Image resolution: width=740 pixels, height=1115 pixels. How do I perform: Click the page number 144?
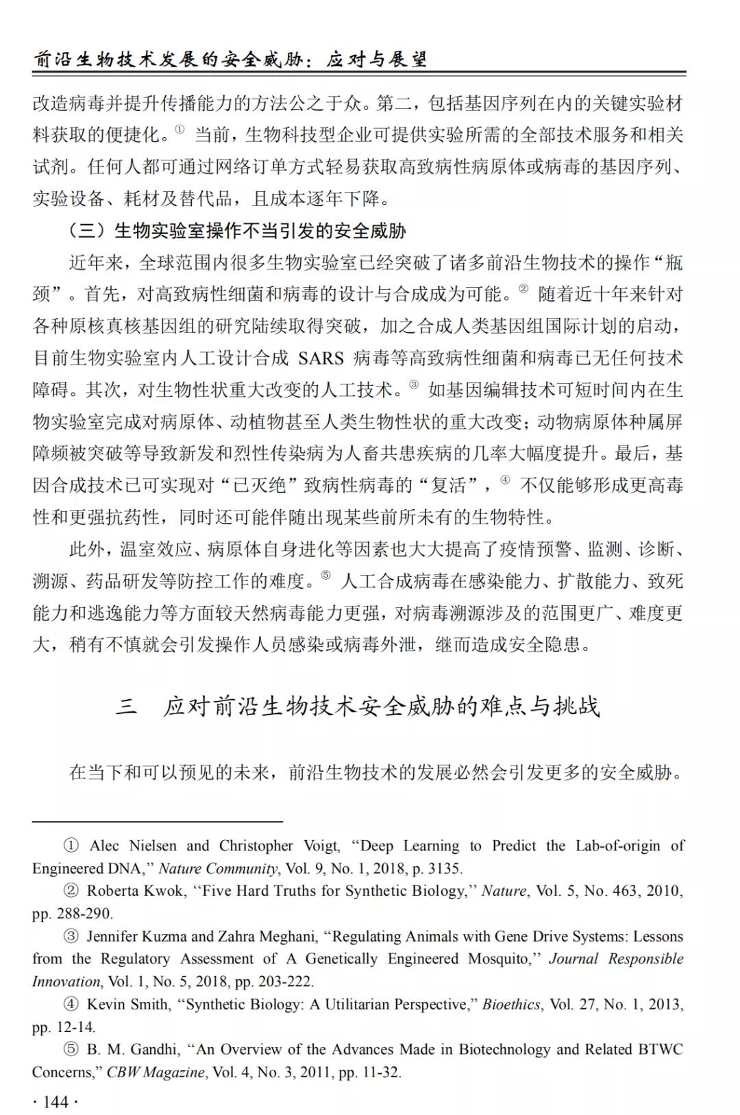[56, 1101]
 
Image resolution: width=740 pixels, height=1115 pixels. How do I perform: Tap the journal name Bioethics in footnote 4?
[511, 1004]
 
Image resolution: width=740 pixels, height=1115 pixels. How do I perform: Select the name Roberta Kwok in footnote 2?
[135, 890]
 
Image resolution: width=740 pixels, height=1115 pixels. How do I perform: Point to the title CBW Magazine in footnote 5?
[155, 1072]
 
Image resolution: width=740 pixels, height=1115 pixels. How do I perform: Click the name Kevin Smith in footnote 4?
[127, 1004]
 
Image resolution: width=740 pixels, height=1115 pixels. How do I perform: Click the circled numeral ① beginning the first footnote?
[71, 846]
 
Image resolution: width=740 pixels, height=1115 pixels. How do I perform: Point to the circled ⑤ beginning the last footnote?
[71, 1049]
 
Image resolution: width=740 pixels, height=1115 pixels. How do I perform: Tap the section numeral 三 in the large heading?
[126, 706]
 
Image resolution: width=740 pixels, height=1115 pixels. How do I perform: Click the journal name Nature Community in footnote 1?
[218, 868]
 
